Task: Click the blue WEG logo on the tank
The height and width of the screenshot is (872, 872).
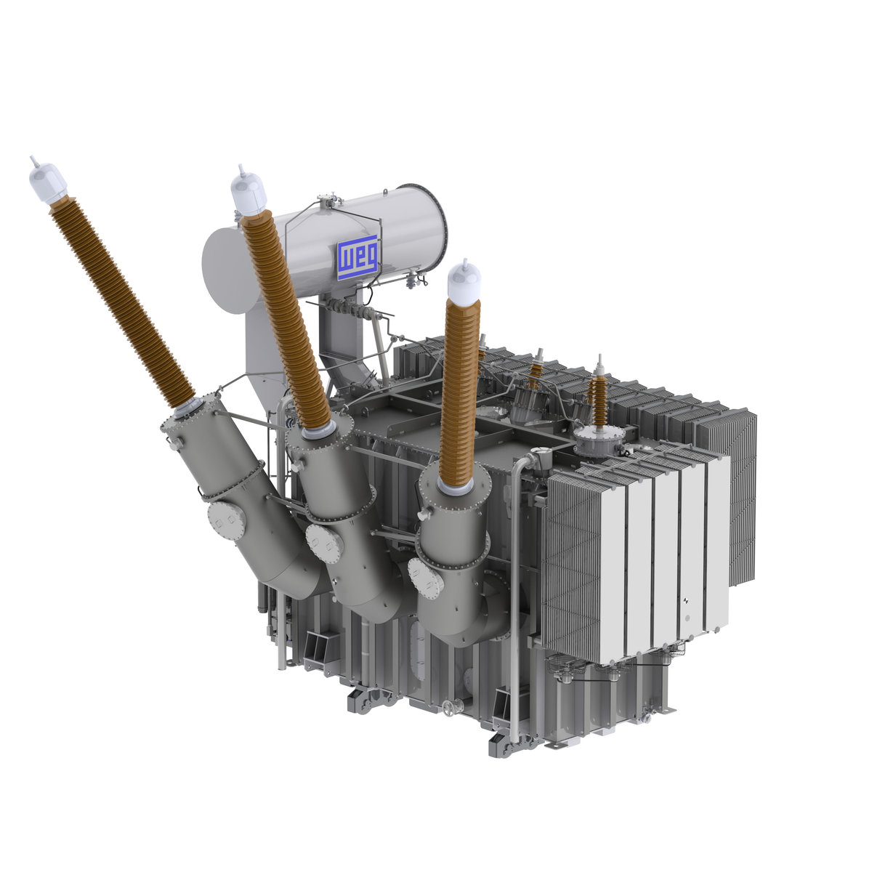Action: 358,257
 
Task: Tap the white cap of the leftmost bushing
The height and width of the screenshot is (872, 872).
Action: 48,182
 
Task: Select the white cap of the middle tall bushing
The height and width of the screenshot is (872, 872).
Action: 248,193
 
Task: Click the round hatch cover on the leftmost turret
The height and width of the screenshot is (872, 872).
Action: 226,522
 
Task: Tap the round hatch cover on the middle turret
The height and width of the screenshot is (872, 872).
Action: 324,544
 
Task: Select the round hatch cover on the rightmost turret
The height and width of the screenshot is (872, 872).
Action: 426,578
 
